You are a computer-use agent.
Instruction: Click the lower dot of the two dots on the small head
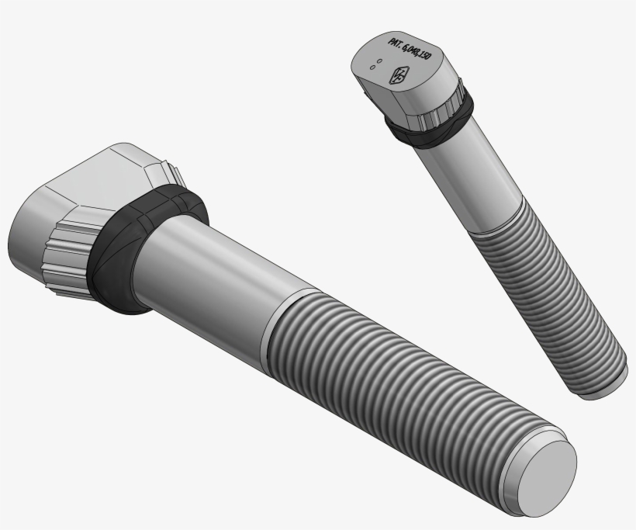tap(373, 68)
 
